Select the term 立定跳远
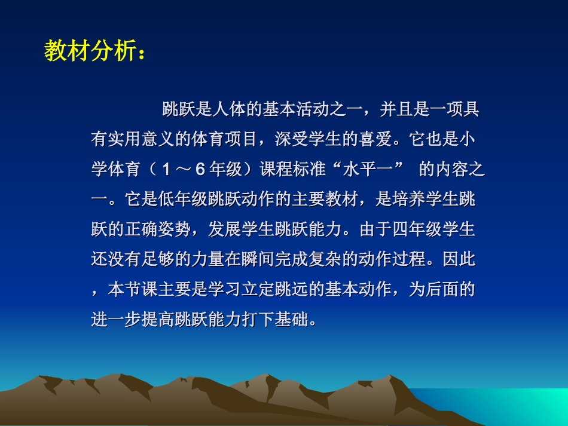(x=292, y=290)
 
